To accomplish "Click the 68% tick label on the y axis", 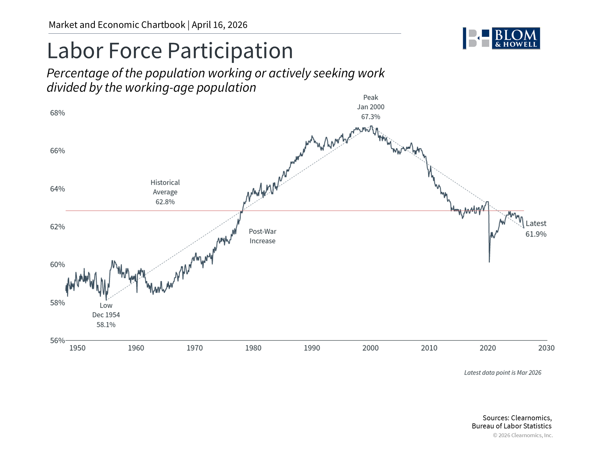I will coord(57,113).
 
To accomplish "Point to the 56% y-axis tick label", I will coord(57,340).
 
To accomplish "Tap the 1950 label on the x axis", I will coord(77,348).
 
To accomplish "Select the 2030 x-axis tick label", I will coord(546,348).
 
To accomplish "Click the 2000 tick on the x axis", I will coord(370,348).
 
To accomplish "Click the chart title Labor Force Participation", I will coord(170,51).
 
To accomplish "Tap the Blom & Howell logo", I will coord(501,38).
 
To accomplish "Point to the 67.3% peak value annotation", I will coord(371,117).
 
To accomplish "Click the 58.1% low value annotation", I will coord(106,325).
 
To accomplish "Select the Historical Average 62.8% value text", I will coord(165,202).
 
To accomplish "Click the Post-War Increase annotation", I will coord(262,236).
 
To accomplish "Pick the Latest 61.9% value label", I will coord(536,234).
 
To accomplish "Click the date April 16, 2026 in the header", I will coord(219,25).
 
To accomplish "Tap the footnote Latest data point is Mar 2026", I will coord(503,373).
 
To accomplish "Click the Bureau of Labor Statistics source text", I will coord(511,426).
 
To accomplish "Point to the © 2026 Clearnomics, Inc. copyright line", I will coord(523,435).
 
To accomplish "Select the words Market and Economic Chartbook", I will coord(117,25).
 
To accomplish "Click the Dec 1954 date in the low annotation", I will coord(106,315).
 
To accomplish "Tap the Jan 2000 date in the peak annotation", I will coord(371,107).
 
